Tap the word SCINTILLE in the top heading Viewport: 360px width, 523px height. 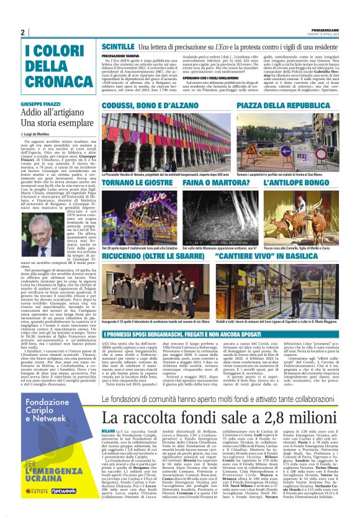tap(117, 47)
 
